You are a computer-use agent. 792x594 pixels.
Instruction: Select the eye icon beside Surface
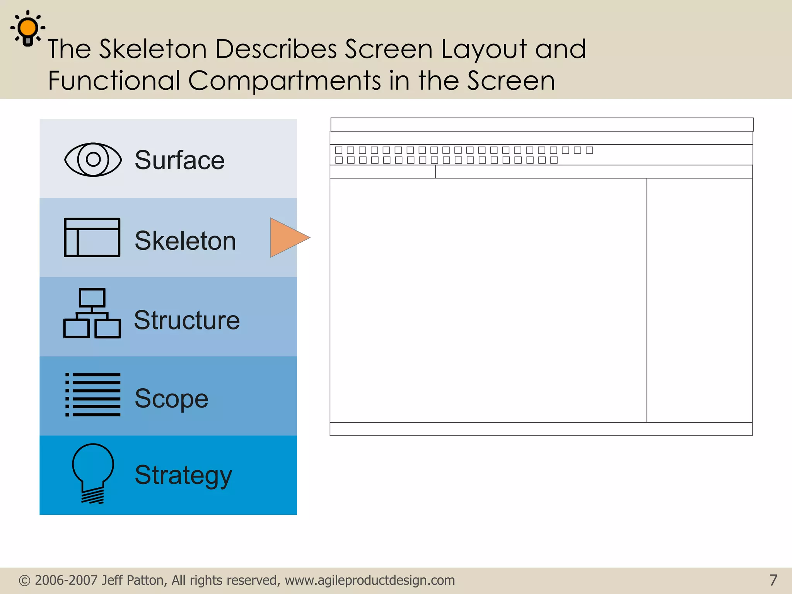93,159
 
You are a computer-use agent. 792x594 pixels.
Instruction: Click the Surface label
179,160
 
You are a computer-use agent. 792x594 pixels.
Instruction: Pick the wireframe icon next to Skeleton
92,237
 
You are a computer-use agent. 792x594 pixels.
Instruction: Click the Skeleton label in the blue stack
185,241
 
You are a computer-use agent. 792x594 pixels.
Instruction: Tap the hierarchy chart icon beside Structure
92,313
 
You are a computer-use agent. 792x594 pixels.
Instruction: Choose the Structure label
187,320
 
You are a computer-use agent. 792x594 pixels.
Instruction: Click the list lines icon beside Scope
93,394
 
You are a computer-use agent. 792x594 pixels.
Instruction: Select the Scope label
171,398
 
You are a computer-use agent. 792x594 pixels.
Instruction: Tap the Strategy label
183,475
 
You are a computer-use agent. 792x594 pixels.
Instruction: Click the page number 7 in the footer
773,580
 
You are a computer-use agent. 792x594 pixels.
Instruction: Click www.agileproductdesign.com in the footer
370,580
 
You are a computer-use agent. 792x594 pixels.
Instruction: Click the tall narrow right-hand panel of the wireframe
699,300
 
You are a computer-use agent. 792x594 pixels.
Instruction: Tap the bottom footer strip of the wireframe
541,429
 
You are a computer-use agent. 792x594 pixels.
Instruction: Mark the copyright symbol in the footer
24,580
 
